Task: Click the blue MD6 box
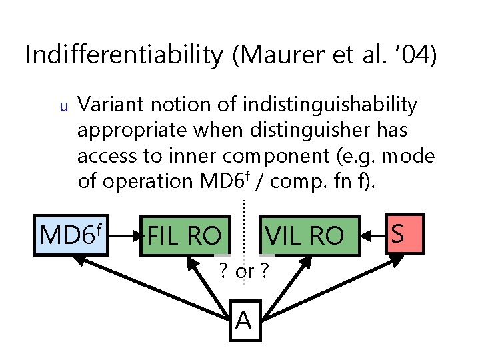[72, 235]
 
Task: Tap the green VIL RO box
[304, 235]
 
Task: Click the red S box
[398, 234]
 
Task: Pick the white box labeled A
[244, 320]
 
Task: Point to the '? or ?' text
[244, 272]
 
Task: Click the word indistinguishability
[330, 105]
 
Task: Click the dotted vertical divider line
[244, 220]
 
